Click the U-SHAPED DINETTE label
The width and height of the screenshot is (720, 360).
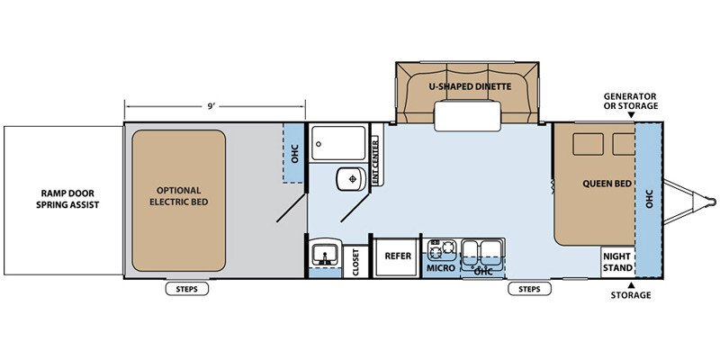470,86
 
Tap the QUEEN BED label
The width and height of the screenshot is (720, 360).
607,184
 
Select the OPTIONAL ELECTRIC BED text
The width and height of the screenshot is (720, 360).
178,196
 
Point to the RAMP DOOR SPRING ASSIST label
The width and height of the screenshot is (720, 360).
67,199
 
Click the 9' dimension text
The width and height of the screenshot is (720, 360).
211,106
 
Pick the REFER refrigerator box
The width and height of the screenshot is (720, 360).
398,256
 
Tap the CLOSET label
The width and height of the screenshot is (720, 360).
355,262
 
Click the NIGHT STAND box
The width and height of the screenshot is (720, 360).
617,262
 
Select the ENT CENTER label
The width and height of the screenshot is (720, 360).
375,162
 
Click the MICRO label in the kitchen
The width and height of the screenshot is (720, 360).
441,268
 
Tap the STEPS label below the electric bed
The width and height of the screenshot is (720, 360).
187,289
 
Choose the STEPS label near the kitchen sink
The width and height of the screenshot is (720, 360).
529,289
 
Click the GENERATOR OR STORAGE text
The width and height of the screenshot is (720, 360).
631,101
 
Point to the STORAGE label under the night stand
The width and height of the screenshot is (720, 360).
631,295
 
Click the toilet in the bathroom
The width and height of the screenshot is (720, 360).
351,178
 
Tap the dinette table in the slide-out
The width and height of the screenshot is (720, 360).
467,116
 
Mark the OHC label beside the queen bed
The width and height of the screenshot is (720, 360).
649,198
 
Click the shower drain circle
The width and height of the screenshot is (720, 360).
319,144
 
